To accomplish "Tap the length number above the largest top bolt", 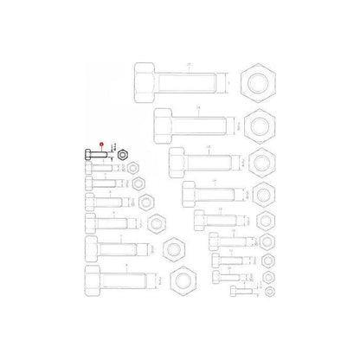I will click(x=189, y=63).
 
